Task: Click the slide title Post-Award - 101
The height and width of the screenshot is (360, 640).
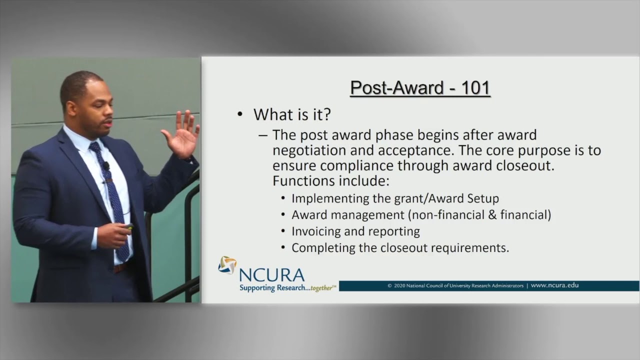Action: click(420, 87)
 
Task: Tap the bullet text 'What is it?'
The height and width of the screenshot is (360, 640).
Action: click(292, 115)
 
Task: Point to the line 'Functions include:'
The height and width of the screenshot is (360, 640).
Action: click(331, 180)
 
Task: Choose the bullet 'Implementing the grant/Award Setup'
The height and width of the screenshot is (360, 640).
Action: click(395, 198)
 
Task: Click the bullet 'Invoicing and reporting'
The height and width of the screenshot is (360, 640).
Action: click(355, 231)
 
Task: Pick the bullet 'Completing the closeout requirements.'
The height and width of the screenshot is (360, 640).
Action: click(400, 247)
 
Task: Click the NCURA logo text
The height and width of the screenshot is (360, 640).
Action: click(271, 274)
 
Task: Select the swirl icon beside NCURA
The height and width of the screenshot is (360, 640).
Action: click(227, 265)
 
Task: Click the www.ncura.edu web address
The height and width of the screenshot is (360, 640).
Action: click(554, 285)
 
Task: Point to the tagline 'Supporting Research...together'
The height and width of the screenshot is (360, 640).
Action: click(287, 288)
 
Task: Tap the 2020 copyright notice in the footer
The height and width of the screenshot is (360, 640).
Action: click(455, 286)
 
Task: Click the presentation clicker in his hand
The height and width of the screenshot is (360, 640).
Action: click(129, 227)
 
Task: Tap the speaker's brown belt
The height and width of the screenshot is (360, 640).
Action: click(120, 268)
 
